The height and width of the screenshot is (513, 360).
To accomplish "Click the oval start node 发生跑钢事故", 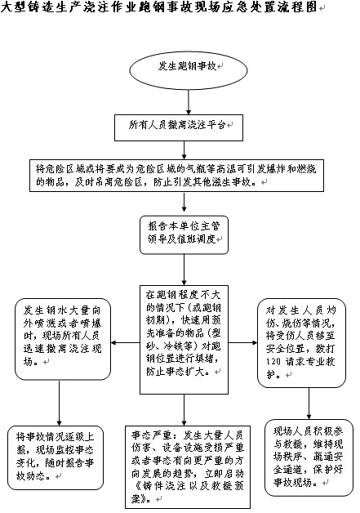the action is click(x=189, y=70).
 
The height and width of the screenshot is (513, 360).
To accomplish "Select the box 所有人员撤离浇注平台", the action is click(x=179, y=127).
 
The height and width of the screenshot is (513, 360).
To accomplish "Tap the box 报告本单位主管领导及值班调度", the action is click(x=184, y=234).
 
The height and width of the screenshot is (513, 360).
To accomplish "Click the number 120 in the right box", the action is click(x=273, y=362).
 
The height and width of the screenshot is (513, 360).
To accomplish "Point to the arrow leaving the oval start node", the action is click(x=189, y=102).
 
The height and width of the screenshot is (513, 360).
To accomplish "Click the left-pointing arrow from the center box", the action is click(x=125, y=343).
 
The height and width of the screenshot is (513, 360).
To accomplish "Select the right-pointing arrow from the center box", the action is click(x=243, y=343).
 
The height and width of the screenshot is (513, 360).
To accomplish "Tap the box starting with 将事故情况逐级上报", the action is click(x=56, y=457).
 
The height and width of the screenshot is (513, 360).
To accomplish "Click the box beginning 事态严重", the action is click(x=188, y=467).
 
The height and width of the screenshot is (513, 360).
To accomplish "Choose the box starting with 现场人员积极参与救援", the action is click(x=309, y=457).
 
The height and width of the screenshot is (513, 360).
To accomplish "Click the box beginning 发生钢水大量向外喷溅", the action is click(x=63, y=339).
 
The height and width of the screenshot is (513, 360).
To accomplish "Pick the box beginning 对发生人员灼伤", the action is click(x=301, y=343).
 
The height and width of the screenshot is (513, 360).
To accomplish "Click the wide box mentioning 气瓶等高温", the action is click(x=176, y=176).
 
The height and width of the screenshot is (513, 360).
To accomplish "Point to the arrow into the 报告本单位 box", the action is click(x=184, y=203).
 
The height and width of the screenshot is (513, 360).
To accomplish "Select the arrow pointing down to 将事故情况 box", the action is click(x=59, y=403).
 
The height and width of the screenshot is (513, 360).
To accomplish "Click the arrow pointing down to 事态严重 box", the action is click(x=184, y=410).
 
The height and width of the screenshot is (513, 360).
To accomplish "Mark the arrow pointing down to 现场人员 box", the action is click(x=309, y=404).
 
